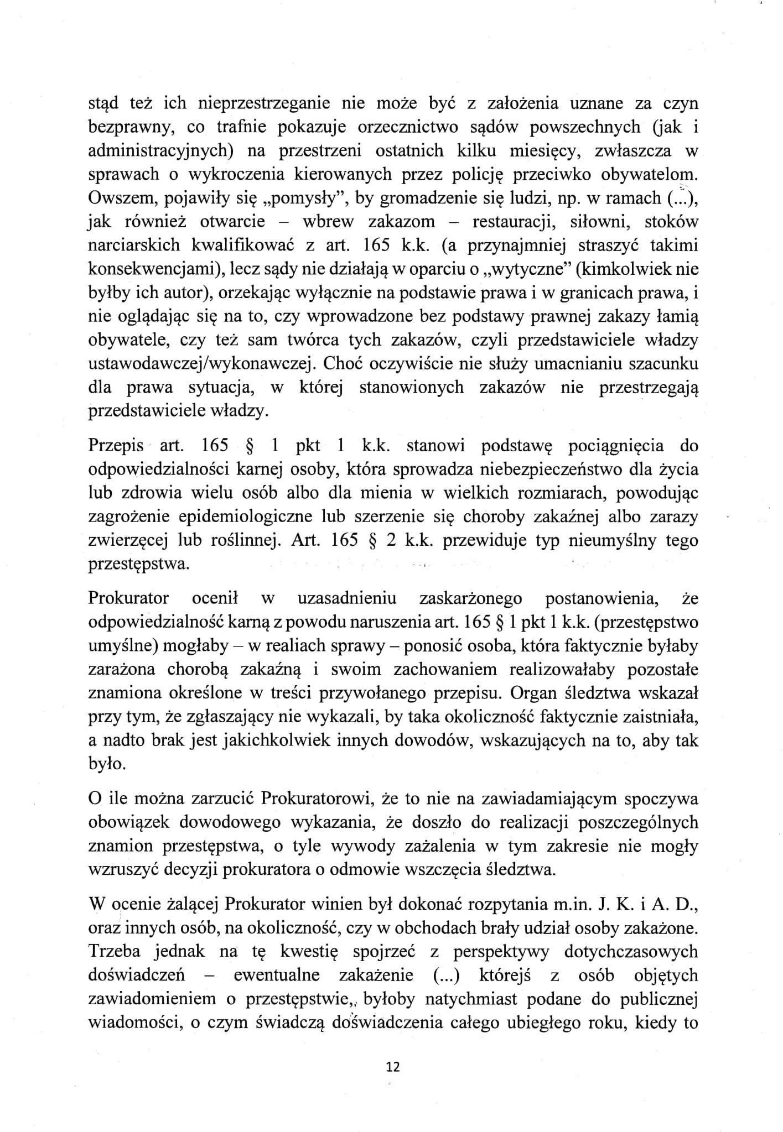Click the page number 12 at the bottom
tap(393, 1067)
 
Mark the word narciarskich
tap(133, 245)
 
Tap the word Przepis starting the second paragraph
tap(115, 446)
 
